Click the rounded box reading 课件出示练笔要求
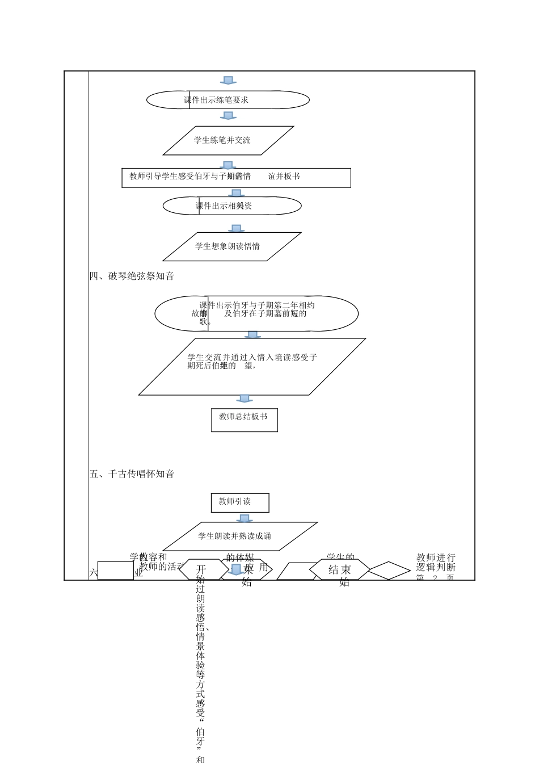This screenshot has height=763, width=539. tap(228, 100)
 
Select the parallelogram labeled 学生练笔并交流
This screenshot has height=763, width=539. tap(228, 140)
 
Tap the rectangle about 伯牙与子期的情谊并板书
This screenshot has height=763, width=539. tap(236, 177)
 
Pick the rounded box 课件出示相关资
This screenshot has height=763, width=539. tap(231, 206)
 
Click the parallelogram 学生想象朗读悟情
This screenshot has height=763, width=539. tap(231, 246)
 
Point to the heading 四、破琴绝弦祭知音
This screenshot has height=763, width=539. tap(132, 276)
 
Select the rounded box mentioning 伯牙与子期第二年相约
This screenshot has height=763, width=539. tap(256, 313)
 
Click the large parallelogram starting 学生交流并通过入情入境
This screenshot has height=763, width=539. tap(252, 366)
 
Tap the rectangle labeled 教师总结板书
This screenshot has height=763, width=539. tap(244, 420)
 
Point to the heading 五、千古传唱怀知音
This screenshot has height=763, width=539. tap(132, 474)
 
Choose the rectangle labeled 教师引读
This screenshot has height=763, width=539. tap(239, 502)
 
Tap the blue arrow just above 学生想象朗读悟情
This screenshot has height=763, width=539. tap(236, 228)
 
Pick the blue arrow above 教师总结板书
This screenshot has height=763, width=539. tap(244, 399)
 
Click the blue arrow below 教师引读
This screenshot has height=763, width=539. tap(244, 518)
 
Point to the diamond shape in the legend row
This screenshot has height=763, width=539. tap(389, 571)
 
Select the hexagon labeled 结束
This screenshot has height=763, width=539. tap(339, 570)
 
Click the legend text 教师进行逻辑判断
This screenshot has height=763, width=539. tap(436, 563)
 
